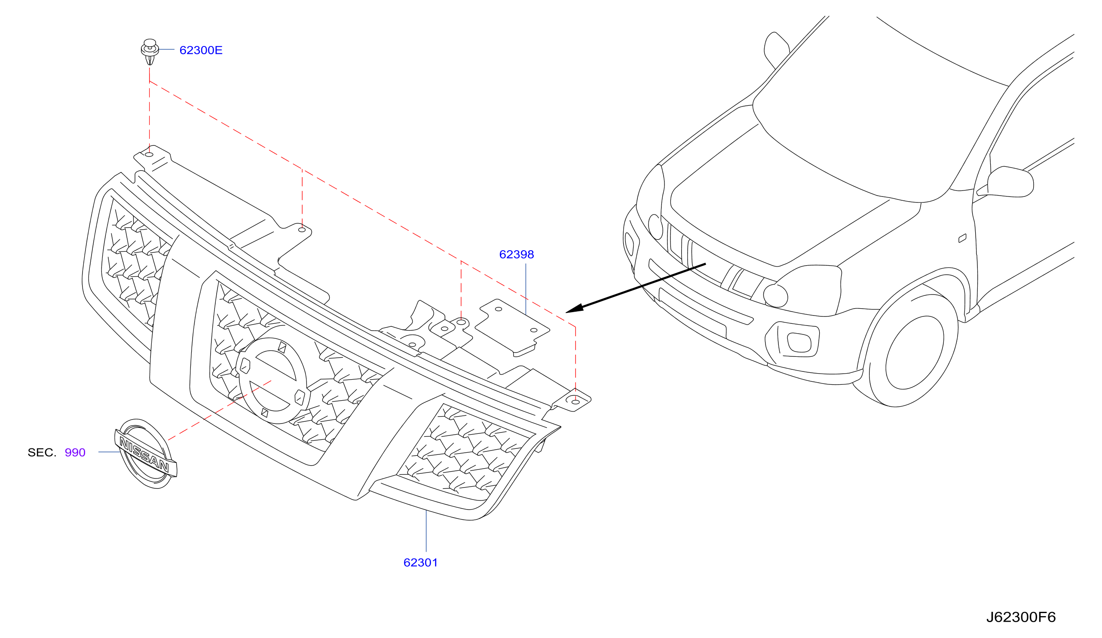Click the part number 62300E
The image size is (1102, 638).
coord(201,50)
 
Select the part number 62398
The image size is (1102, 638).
coord(517,255)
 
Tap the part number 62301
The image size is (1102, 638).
coord(420,563)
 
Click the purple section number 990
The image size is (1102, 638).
coord(75,453)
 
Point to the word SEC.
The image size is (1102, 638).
coord(42,453)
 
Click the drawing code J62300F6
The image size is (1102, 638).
coord(1021,617)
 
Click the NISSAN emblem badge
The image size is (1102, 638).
coord(146,454)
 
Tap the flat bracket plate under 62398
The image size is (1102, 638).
coord(512,328)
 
